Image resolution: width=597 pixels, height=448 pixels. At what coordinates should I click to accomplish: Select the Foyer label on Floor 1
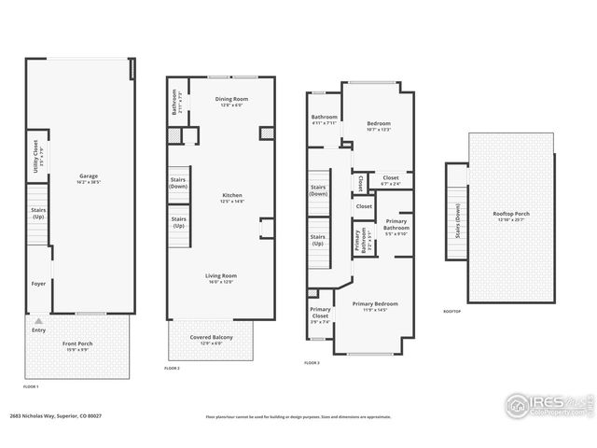point(38,284)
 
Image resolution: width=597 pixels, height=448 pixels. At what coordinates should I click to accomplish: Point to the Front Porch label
point(77,345)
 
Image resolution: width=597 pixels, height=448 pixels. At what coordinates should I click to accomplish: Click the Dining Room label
point(231,101)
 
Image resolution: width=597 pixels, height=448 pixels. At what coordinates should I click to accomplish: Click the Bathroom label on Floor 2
point(174,101)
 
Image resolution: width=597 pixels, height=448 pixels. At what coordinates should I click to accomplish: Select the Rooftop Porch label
point(510,216)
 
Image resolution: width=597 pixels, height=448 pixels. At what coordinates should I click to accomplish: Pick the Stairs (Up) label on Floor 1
point(38,214)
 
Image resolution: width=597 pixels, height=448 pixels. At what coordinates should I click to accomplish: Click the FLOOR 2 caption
point(172,369)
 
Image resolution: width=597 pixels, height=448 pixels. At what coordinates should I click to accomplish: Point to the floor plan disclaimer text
point(298,416)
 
